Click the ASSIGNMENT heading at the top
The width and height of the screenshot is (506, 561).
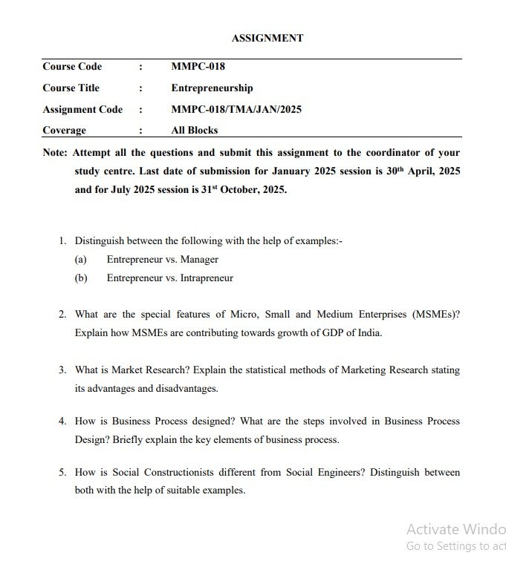pyautogui.click(x=267, y=38)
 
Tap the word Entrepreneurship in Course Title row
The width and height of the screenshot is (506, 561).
pyautogui.click(x=212, y=88)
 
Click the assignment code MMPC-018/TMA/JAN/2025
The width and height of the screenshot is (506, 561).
pyautogui.click(x=236, y=109)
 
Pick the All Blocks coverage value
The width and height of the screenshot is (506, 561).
pyautogui.click(x=195, y=130)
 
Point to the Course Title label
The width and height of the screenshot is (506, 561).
pyautogui.click(x=71, y=88)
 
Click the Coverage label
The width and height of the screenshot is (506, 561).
pyautogui.click(x=64, y=130)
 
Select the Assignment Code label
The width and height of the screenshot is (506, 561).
pyautogui.click(x=82, y=109)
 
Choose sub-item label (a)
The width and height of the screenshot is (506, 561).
pyautogui.click(x=81, y=260)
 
